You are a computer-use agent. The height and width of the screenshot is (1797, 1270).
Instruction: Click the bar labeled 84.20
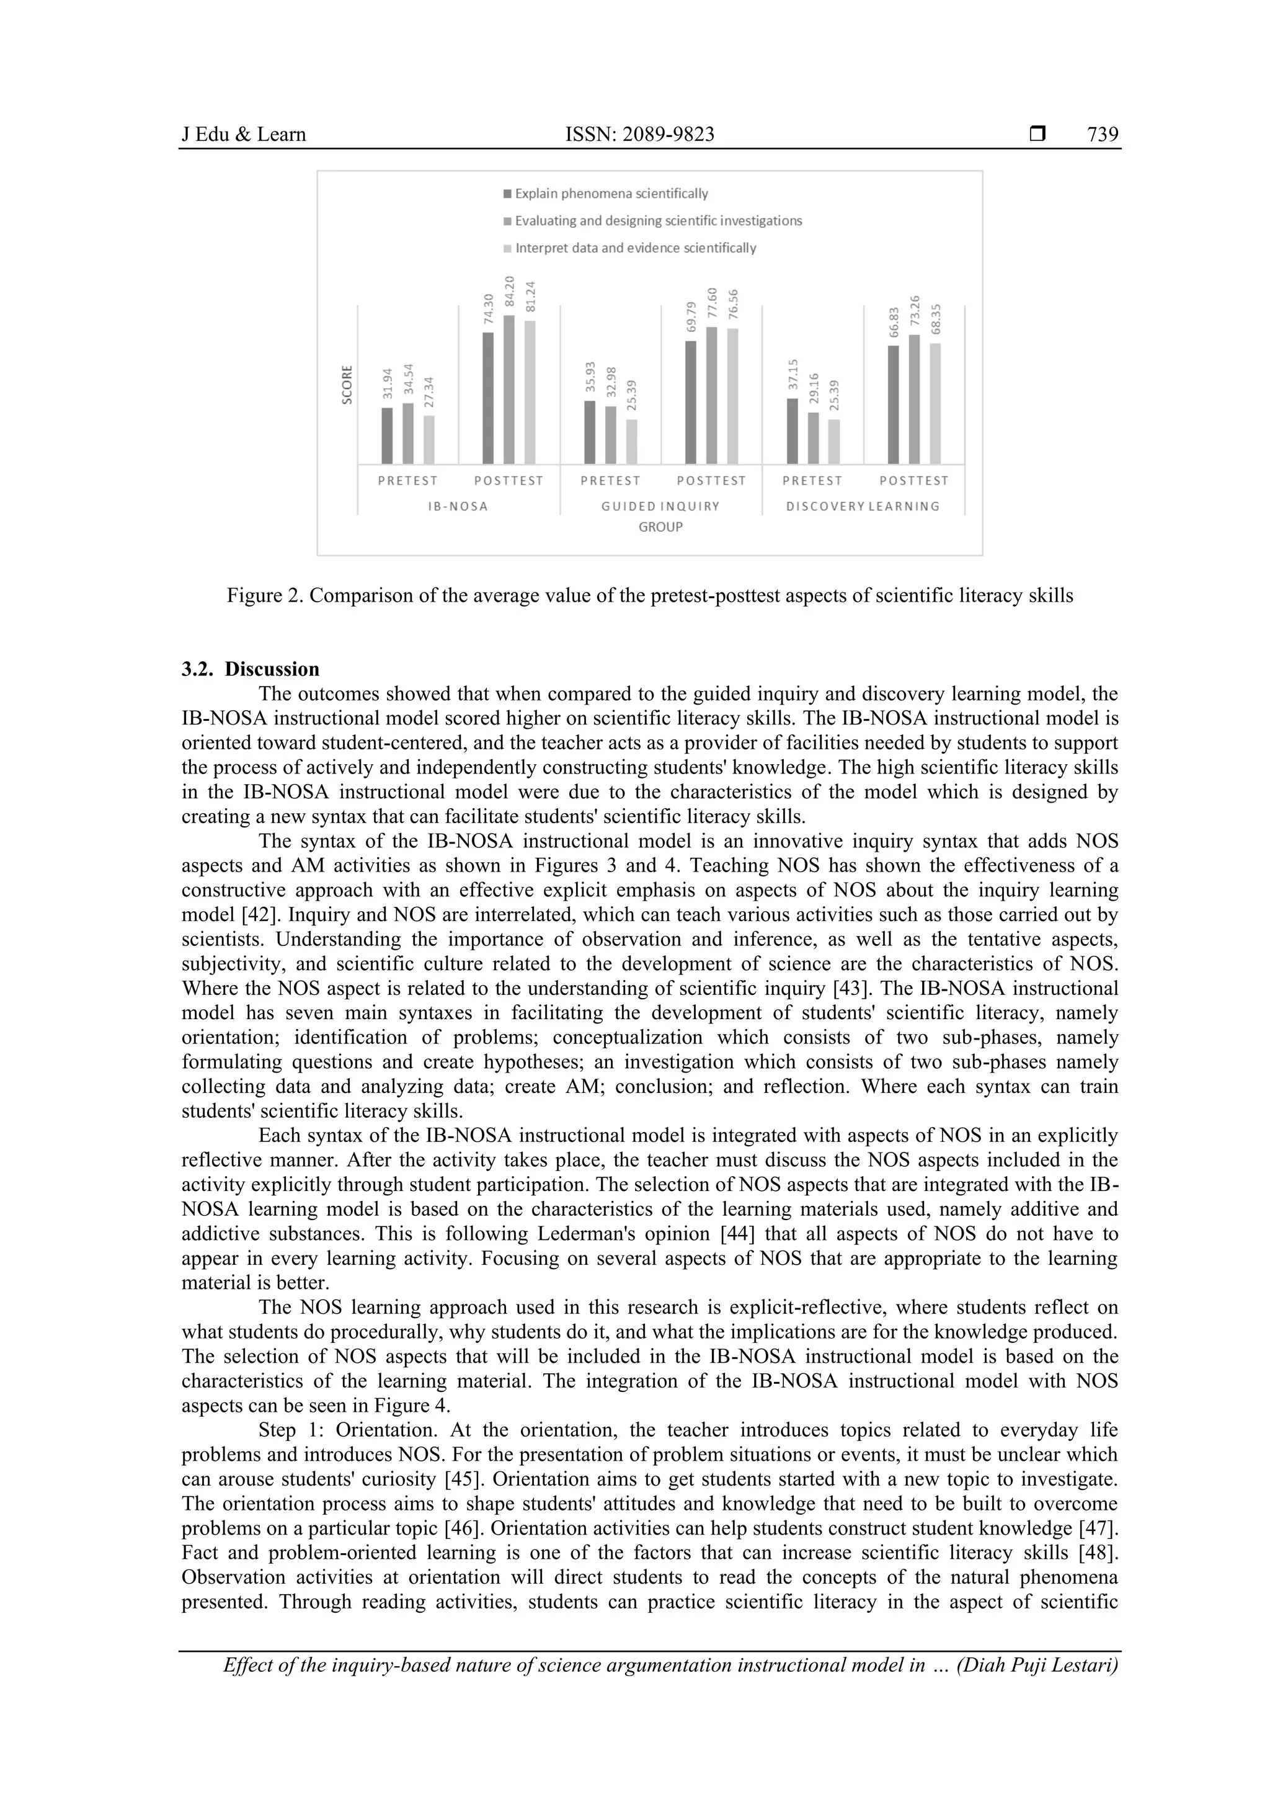coord(508,390)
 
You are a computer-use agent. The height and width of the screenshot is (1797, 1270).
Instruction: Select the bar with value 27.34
coord(429,439)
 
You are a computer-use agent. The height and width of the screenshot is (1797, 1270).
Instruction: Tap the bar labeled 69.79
coord(690,403)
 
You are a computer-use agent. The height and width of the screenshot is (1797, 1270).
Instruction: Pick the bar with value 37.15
coord(792,431)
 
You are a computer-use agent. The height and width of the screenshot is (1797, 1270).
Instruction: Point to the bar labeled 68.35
coord(935,404)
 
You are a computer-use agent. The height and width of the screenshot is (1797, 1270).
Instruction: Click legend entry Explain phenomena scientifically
coord(610,194)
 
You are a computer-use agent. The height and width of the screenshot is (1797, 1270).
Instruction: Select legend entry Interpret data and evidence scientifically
coord(634,248)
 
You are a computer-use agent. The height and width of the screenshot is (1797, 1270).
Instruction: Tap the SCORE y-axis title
coord(347,385)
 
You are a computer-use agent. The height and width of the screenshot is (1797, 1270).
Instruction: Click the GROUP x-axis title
coord(660,527)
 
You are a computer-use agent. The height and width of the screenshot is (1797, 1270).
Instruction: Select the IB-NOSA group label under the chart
coord(458,506)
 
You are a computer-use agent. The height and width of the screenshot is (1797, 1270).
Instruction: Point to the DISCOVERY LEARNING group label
coord(863,506)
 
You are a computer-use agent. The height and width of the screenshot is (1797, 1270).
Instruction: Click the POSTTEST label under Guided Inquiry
coord(711,481)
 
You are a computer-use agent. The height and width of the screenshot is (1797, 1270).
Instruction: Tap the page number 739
coord(1102,135)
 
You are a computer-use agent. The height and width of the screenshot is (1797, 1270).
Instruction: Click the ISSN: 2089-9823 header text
coord(639,135)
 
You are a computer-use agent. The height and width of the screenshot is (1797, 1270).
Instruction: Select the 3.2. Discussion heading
coord(251,669)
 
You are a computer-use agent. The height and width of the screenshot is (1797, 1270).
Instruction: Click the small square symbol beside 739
coord(1037,135)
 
